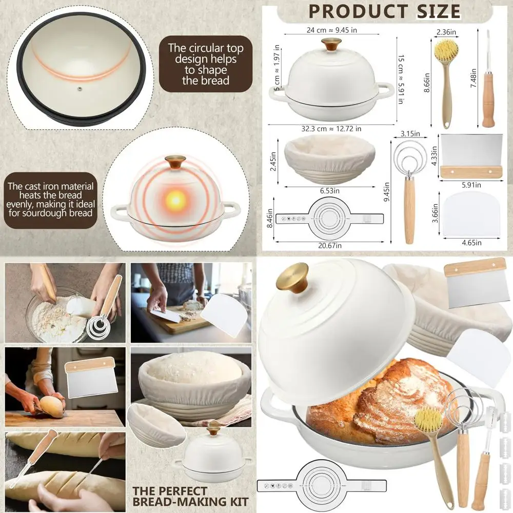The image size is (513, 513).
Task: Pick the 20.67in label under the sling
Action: click(329, 246)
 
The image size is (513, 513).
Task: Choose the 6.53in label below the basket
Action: click(330, 190)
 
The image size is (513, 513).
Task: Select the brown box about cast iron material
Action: click(50, 200)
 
